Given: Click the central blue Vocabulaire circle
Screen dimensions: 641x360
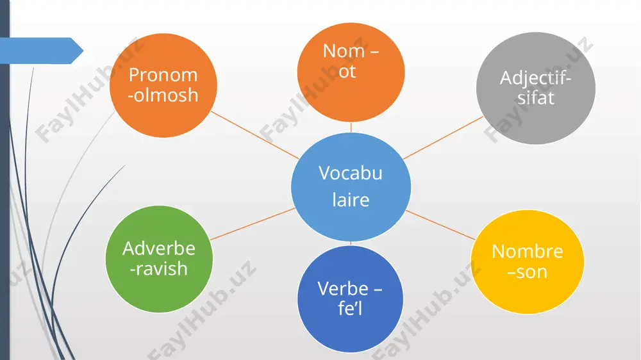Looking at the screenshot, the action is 351,187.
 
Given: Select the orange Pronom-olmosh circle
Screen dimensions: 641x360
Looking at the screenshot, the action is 163,85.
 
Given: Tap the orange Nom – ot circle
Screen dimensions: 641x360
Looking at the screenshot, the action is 351,72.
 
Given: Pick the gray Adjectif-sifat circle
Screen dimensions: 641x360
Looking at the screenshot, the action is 535,88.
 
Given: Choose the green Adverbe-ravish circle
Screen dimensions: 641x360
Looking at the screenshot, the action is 159,259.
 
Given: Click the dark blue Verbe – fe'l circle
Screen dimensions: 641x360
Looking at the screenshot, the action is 350,299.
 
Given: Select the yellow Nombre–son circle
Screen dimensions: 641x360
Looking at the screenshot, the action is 528,262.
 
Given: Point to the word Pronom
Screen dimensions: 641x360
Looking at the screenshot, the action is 163,75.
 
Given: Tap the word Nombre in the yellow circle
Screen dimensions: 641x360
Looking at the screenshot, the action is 528,251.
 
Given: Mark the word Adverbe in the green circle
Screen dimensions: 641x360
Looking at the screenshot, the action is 159,248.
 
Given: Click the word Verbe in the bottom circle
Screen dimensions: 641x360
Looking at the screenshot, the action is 343,288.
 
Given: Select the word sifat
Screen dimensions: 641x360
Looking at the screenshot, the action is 535,98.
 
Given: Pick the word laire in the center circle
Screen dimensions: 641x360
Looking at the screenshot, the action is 351,200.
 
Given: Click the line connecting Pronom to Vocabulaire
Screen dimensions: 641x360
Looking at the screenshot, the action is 255,135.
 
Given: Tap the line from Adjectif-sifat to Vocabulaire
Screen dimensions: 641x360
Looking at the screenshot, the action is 443,138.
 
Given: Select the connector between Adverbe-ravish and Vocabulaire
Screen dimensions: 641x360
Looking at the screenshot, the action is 253,224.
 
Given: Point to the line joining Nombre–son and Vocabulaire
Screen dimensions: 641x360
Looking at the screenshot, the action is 441,225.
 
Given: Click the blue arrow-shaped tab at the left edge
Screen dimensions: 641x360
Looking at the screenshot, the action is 42,51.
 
